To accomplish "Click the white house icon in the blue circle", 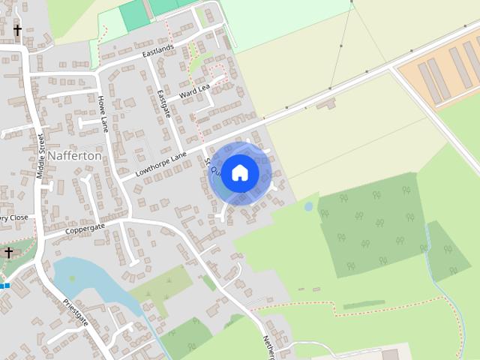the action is click(x=239, y=172).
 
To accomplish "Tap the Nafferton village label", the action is click(x=74, y=157).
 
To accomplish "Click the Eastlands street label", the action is click(x=157, y=52).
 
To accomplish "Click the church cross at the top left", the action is click(x=17, y=30).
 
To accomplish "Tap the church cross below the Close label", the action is click(x=9, y=252).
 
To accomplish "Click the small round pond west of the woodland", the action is click(x=308, y=206).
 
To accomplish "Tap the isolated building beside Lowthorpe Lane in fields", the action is click(x=326, y=103).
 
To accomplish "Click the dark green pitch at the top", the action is click(x=135, y=15).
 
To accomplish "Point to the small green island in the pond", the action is click(x=72, y=278).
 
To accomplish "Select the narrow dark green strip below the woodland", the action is click(x=364, y=304).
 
